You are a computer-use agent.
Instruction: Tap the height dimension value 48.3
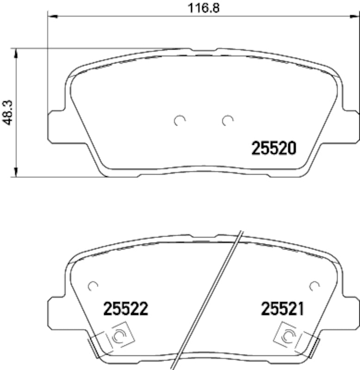7,112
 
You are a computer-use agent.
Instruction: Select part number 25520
273,148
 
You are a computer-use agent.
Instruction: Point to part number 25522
126,309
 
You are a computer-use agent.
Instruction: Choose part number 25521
282,309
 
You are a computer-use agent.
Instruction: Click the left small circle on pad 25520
180,121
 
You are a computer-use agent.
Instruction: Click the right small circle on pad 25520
227,121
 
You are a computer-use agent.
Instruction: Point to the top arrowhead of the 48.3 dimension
17,51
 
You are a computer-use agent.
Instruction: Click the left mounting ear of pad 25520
56,125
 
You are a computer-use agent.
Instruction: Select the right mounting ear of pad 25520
350,125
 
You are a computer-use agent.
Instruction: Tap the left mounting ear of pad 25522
56,312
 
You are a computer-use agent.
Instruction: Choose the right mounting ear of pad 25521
350,312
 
